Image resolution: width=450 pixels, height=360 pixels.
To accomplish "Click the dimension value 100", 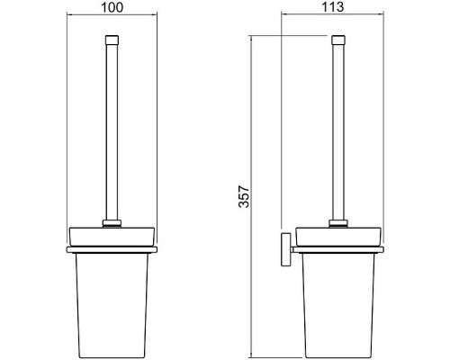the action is pyautogui.click(x=112, y=7).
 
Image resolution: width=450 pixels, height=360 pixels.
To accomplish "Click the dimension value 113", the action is pyautogui.click(x=332, y=7).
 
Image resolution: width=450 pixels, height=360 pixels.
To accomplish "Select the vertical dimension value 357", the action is pyautogui.click(x=244, y=197).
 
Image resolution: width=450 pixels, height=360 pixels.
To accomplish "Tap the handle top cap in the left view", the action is pyautogui.click(x=112, y=40).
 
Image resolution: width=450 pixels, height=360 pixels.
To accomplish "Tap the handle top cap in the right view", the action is pyautogui.click(x=338, y=40).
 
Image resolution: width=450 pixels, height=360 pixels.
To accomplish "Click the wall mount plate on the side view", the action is pyautogui.click(x=285, y=249).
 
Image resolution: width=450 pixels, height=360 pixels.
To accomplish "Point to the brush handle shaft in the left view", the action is pyautogui.click(x=112, y=132).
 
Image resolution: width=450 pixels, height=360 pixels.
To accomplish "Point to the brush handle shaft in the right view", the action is pyautogui.click(x=338, y=132).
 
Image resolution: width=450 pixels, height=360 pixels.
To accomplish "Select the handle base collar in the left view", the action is pyautogui.click(x=112, y=223).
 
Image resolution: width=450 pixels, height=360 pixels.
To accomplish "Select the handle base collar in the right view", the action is pyautogui.click(x=338, y=223).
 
